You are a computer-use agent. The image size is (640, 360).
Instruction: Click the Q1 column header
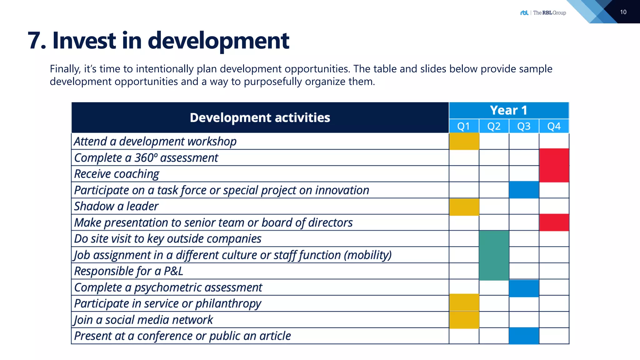click(x=464, y=126)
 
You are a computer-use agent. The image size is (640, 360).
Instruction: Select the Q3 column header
click(x=524, y=126)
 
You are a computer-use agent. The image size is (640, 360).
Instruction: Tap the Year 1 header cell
click(x=509, y=110)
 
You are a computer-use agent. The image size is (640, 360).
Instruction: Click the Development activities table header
click(x=260, y=117)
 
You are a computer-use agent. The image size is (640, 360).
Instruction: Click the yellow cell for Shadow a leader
click(x=464, y=207)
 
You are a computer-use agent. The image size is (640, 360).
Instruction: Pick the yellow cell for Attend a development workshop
click(x=464, y=141)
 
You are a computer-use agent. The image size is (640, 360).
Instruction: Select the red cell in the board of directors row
click(x=554, y=222)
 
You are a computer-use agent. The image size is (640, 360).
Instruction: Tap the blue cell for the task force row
click(x=524, y=190)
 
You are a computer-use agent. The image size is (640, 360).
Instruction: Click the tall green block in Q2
click(x=494, y=255)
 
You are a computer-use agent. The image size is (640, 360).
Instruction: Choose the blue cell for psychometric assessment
click(x=524, y=288)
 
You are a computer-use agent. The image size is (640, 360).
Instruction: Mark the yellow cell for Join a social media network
click(x=464, y=320)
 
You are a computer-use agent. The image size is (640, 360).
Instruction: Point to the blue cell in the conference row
click(x=524, y=336)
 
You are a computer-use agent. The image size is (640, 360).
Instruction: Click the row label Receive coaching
click(x=117, y=174)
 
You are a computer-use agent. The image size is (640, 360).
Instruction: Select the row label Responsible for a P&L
click(x=128, y=271)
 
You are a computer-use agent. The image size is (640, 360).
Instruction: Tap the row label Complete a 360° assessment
click(x=146, y=158)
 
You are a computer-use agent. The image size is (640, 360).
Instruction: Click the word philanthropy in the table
click(x=228, y=304)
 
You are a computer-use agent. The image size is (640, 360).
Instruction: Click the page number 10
click(x=623, y=12)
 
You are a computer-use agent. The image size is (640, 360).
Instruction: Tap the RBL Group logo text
click(x=549, y=13)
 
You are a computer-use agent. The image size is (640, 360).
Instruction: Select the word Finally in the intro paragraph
click(x=65, y=69)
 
